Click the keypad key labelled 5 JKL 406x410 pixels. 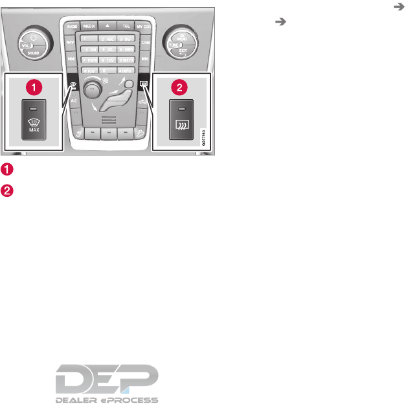coord(107,49)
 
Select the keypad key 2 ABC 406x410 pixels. coord(107,39)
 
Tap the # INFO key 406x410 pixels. coord(126,69)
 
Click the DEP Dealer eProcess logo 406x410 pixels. coord(106,383)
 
